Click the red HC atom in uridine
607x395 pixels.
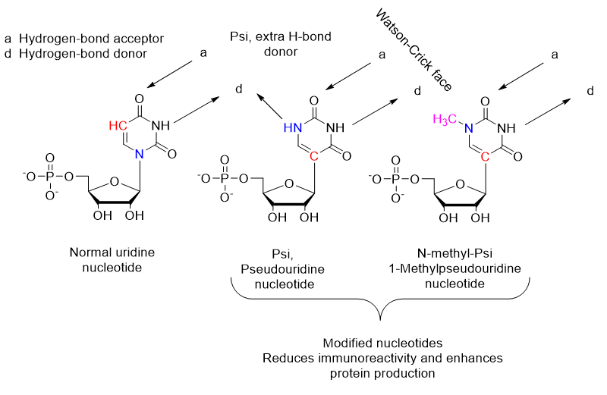click(x=118, y=125)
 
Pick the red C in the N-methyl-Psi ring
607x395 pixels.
click(x=486, y=156)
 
